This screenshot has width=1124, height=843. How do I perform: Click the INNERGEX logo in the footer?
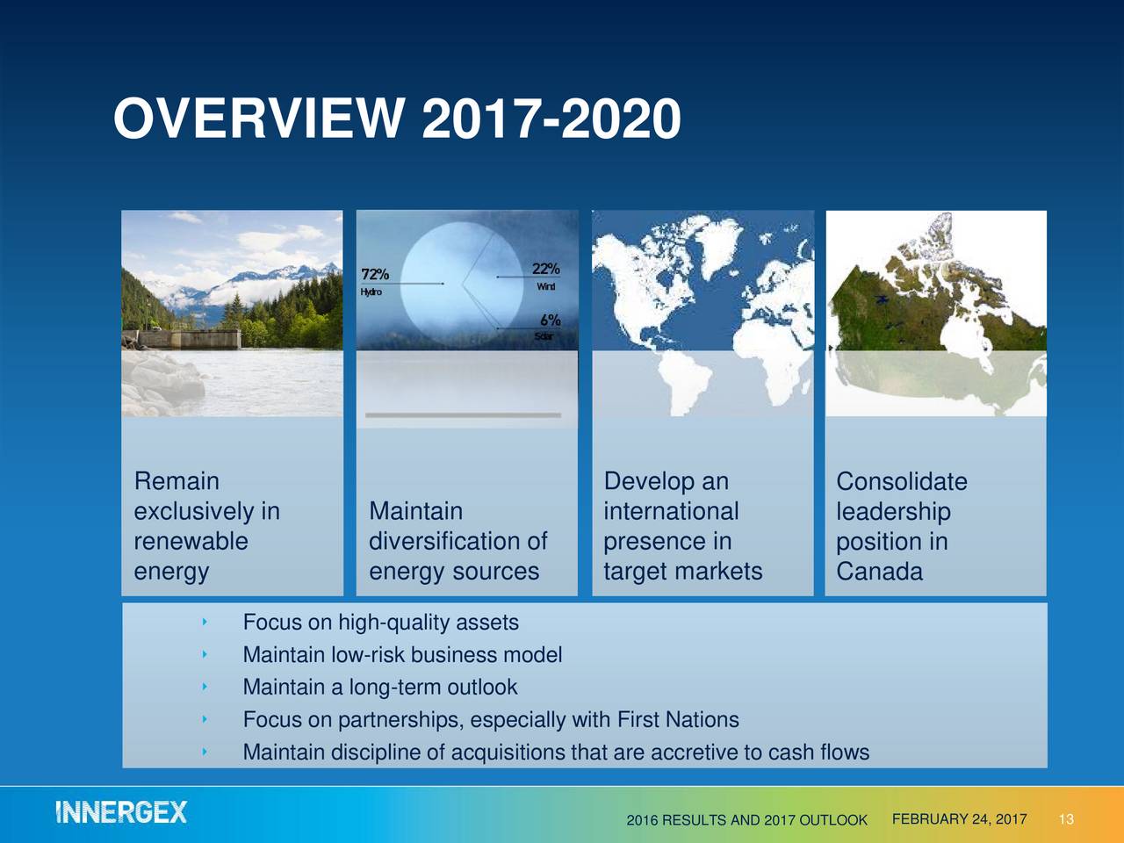tap(121, 812)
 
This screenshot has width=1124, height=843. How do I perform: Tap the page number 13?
tap(1066, 820)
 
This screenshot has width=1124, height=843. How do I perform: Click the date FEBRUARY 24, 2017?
tap(959, 819)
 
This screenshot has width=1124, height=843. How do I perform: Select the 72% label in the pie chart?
tap(375, 275)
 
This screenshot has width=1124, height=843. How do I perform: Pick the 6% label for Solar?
tap(550, 321)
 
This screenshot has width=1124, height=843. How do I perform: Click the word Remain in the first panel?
tap(177, 481)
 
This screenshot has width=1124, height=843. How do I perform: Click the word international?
tap(671, 511)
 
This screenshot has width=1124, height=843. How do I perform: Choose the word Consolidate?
tap(901, 481)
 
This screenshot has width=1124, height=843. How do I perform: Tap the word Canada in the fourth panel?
tap(879, 572)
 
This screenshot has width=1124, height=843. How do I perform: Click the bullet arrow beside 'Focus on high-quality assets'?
tap(204, 623)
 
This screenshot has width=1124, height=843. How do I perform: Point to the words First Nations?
tap(678, 720)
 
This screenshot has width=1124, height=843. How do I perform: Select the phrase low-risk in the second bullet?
tap(367, 655)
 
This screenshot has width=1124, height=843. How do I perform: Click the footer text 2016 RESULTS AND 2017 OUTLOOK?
tap(746, 820)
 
